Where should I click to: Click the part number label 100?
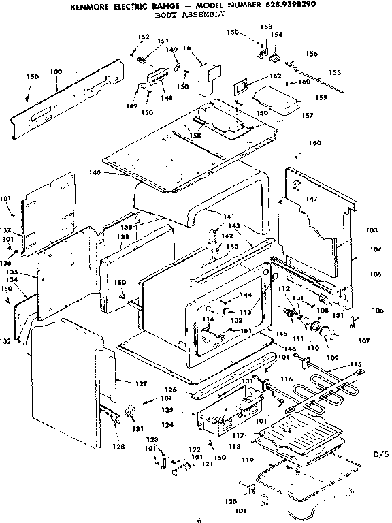click(x=56, y=72)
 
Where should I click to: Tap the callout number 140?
click(x=95, y=173)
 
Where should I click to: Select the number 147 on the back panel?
click(x=311, y=199)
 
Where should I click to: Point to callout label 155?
click(x=335, y=72)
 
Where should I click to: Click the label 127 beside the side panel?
click(x=141, y=384)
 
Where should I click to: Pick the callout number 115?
click(x=356, y=365)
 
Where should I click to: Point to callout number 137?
click(x=6, y=230)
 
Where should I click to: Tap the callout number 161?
click(x=189, y=48)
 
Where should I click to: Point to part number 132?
click(x=5, y=340)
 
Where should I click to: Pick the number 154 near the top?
click(x=277, y=33)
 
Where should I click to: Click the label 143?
click(x=233, y=225)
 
